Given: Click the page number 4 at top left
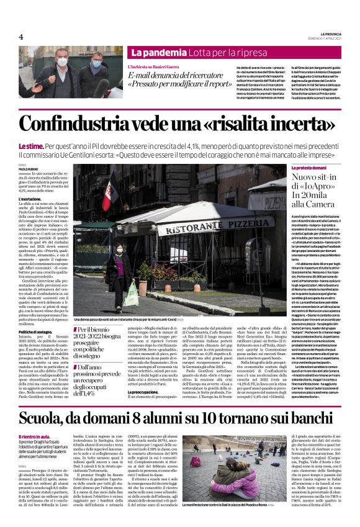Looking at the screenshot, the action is coord(20,37).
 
